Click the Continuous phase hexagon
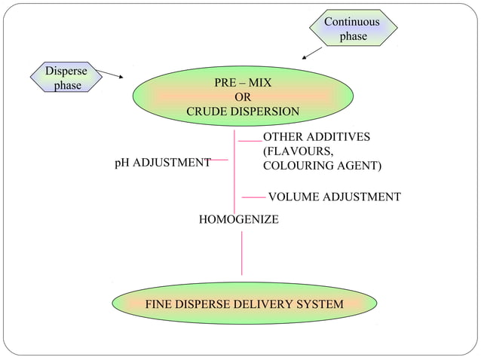(352, 29)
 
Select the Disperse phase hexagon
(66, 78)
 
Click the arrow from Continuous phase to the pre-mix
(311, 53)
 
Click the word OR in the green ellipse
(243, 97)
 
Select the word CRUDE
(207, 111)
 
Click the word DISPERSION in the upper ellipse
(265, 111)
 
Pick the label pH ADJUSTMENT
(162, 162)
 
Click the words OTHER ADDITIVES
(316, 137)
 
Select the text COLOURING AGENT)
(322, 166)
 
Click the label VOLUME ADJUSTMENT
(334, 197)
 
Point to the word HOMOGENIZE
(238, 219)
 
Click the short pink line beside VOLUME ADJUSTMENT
(254, 198)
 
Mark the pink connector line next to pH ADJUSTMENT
(217, 160)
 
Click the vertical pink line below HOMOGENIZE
(242, 253)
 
